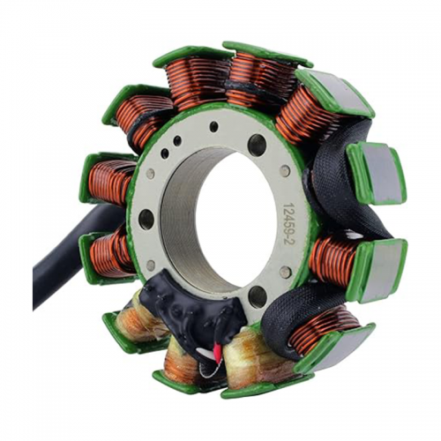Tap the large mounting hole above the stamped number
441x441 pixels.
coord(257,145)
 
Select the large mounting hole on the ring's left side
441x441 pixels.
coord(146,220)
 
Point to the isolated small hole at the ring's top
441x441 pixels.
coord(213,127)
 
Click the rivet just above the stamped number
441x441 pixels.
coord(285,171)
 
